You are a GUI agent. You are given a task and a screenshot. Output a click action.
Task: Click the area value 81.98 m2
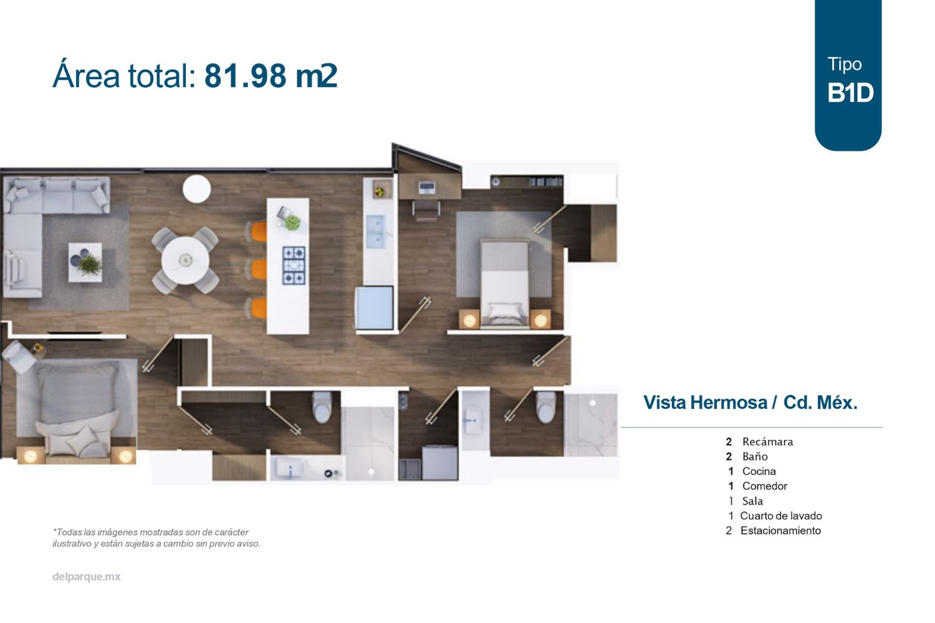click(271, 76)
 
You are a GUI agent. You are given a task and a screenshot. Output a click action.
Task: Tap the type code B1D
click(850, 93)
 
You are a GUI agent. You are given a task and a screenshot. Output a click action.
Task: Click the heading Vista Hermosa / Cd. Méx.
click(750, 402)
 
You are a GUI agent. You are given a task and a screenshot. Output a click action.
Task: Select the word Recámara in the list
click(767, 442)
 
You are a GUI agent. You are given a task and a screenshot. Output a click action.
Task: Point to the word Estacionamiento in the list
click(780, 531)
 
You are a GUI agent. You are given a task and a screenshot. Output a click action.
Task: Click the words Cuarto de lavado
click(780, 516)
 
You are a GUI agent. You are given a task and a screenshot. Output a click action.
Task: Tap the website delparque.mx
click(87, 577)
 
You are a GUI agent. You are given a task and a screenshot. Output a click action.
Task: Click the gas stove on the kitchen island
click(294, 265)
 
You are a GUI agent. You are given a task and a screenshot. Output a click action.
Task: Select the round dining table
click(185, 260)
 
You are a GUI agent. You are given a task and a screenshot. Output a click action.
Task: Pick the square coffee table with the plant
click(85, 262)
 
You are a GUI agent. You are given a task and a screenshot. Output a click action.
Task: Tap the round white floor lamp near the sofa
click(196, 189)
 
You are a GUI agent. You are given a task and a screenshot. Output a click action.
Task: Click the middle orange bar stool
click(259, 269)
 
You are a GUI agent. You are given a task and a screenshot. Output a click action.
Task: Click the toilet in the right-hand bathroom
click(545, 406)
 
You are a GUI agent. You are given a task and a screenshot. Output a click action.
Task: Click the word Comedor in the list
click(764, 486)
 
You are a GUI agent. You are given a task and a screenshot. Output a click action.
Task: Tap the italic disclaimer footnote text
click(156, 538)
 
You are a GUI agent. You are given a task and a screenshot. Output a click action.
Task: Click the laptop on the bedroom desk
click(428, 186)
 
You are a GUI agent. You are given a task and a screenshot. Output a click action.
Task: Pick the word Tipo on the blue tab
click(845, 64)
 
